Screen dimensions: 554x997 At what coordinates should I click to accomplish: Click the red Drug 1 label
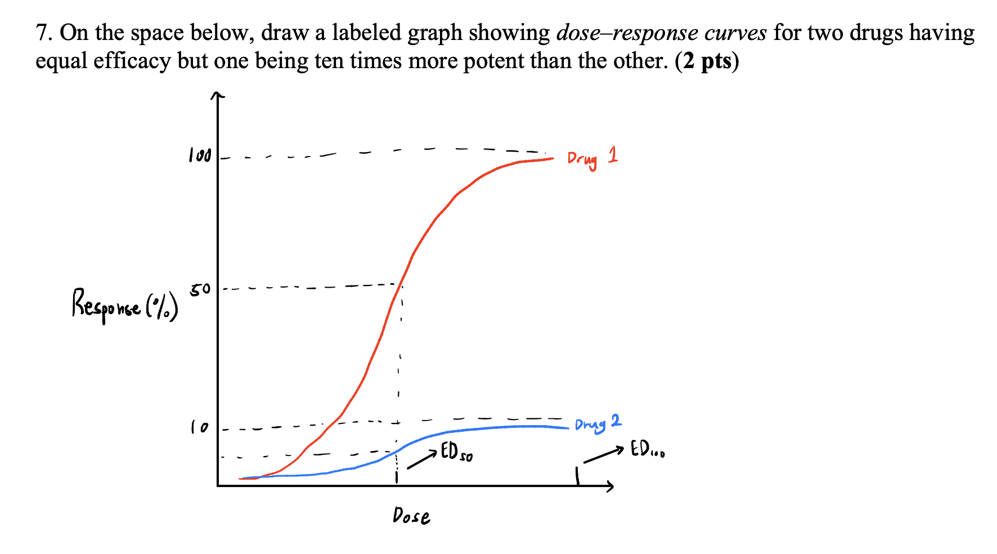592,158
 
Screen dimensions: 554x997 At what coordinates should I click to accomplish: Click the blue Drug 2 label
598,423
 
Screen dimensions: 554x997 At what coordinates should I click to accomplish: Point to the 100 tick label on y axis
200,156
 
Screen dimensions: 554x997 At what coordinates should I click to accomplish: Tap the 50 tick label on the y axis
200,291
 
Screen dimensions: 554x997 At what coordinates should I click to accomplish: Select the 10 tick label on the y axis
199,428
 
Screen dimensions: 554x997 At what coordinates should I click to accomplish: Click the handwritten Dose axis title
411,516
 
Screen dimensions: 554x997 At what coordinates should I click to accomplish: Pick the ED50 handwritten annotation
456,453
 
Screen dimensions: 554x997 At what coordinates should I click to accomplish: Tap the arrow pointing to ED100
603,455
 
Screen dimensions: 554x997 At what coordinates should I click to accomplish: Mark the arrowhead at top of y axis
217,97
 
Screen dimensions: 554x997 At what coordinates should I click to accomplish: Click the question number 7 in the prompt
43,33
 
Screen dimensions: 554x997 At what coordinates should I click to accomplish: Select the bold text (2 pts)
707,61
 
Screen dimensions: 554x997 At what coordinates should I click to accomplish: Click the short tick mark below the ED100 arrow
577,476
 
